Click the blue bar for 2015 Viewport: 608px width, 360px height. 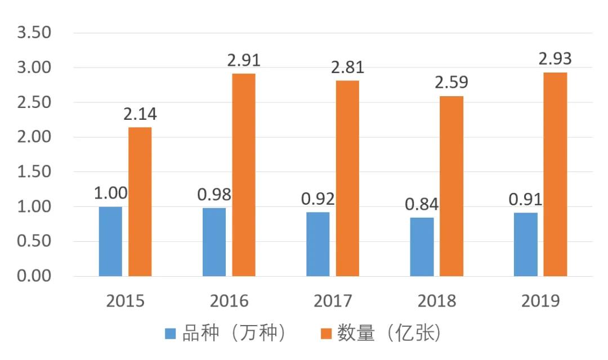pyautogui.click(x=110, y=241)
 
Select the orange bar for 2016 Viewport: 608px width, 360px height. pyautogui.click(x=244, y=174)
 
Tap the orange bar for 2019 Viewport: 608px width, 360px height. pyautogui.click(x=555, y=174)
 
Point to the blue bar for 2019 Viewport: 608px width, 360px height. pyautogui.click(x=525, y=244)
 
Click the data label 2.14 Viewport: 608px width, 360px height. pyautogui.click(x=140, y=114)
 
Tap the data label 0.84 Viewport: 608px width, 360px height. pyautogui.click(x=422, y=204)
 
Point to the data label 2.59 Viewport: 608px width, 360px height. pyautogui.click(x=451, y=83)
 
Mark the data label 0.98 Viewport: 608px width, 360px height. pyautogui.click(x=214, y=195)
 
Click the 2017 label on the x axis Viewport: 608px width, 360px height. pyautogui.click(x=333, y=301)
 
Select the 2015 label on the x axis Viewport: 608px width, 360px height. pyautogui.click(x=125, y=301)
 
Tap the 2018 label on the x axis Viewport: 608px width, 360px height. pyautogui.click(x=436, y=301)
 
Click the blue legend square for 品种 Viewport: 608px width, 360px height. pyautogui.click(x=171, y=334)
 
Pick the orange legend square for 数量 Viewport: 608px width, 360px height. pyautogui.click(x=325, y=334)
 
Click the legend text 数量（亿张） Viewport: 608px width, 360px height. pyautogui.click(x=388, y=334)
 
